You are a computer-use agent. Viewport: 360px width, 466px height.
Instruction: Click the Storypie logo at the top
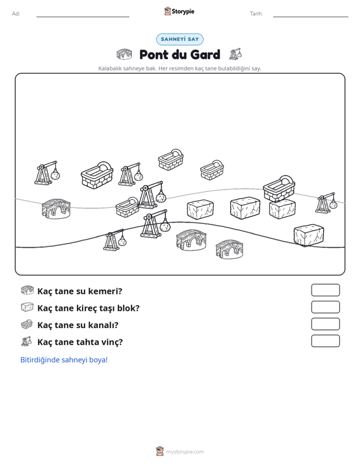[179, 11]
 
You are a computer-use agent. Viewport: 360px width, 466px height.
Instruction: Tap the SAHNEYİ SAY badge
[180, 39]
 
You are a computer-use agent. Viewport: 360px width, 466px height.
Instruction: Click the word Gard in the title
[205, 55]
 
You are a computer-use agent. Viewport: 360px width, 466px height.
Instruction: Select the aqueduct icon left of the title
[124, 55]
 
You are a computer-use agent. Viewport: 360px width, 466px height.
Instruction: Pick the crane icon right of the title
[235, 54]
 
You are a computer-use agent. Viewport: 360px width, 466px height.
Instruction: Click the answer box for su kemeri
[325, 290]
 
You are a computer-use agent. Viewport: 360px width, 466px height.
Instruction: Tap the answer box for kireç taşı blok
[325, 307]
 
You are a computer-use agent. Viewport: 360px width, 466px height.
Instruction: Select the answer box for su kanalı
[325, 324]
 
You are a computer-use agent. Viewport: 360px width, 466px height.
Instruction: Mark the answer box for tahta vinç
[325, 341]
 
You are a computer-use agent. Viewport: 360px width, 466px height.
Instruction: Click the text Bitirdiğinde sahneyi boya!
[64, 360]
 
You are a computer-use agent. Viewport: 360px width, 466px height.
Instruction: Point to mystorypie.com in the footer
[185, 452]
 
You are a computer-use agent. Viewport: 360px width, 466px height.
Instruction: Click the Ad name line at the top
[83, 17]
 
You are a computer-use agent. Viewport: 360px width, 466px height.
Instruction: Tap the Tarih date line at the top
[310, 17]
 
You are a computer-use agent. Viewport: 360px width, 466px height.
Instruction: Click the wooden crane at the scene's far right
[326, 203]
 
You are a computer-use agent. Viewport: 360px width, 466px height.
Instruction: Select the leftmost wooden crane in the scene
[47, 173]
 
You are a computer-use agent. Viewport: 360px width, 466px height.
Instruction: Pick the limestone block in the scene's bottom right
[308, 235]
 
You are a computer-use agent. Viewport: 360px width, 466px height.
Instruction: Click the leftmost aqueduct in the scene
[56, 209]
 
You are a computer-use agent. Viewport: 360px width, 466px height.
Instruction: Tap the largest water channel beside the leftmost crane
[97, 175]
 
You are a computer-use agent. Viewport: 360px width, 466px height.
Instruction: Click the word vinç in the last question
[113, 342]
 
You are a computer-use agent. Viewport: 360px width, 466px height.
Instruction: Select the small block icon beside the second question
[27, 307]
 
